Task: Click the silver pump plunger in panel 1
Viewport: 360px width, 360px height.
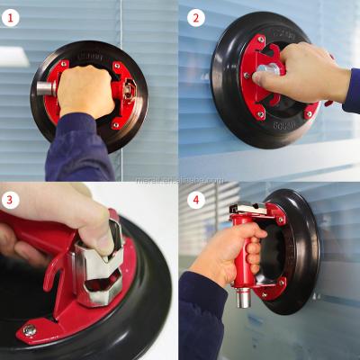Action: [45, 88]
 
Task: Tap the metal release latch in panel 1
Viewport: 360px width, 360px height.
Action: [129, 90]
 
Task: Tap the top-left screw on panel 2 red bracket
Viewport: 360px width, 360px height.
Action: [261, 40]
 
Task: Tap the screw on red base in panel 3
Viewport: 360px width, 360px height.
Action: [30, 330]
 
